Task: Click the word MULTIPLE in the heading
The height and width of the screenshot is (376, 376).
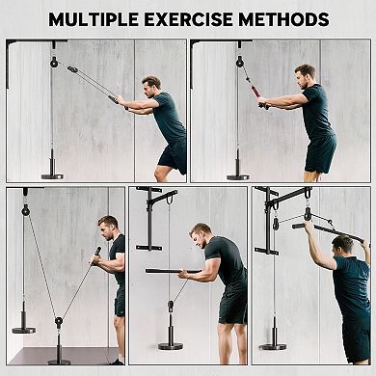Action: click(x=95, y=19)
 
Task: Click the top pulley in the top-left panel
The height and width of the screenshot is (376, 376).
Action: click(x=54, y=62)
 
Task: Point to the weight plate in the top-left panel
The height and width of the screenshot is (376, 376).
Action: click(x=54, y=175)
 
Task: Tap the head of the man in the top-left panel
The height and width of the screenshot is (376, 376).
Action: click(x=151, y=86)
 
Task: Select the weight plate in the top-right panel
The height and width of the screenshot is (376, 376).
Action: click(x=239, y=175)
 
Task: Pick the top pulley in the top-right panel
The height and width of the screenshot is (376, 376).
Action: click(x=239, y=62)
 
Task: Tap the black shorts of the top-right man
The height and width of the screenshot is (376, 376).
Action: click(x=321, y=153)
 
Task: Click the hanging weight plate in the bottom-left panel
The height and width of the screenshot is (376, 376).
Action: click(x=24, y=329)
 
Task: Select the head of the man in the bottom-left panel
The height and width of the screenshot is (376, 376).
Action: click(x=106, y=228)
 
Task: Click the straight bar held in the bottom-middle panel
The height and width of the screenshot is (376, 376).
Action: click(x=174, y=271)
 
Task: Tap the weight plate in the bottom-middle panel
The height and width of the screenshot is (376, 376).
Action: click(x=170, y=345)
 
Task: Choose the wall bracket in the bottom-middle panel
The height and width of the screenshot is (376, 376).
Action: click(x=143, y=220)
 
